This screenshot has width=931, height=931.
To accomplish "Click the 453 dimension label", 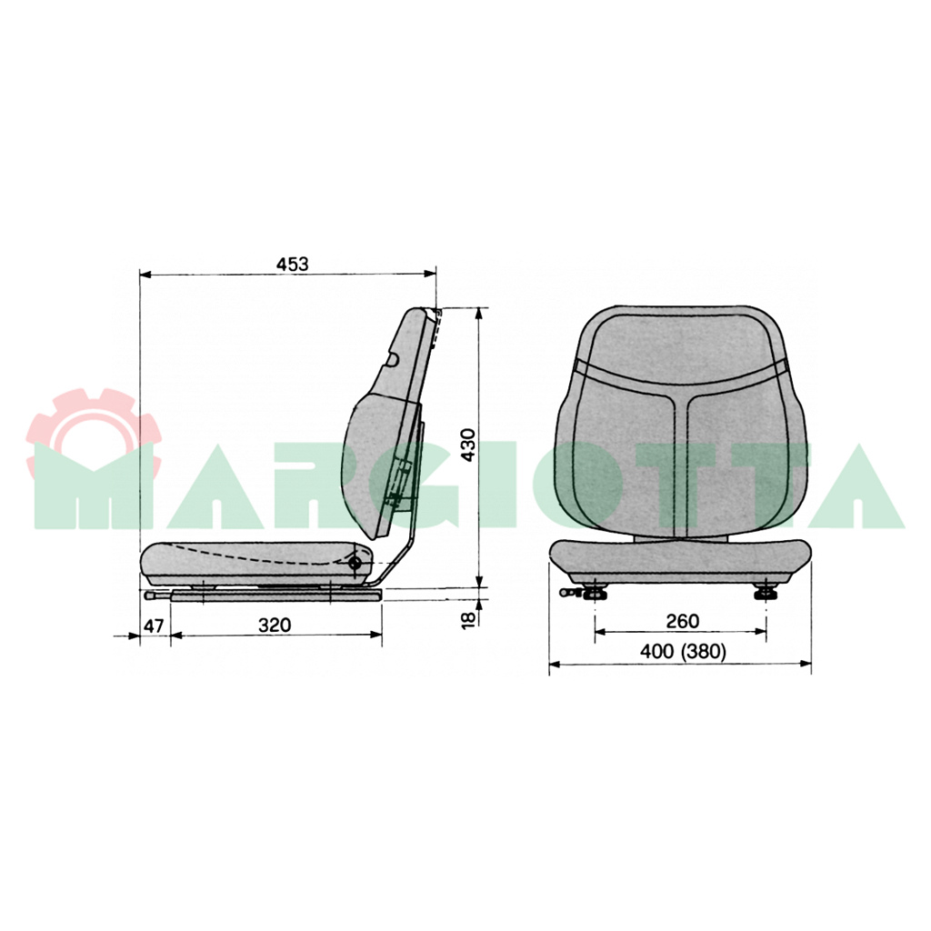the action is tap(293, 264).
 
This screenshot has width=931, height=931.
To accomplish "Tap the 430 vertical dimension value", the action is tap(468, 445).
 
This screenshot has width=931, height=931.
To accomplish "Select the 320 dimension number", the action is tap(275, 625).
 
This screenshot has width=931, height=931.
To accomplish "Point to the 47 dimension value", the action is tap(154, 626).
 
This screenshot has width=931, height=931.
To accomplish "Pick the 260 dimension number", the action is tap(682, 621).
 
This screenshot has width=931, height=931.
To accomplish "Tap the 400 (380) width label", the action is tap(683, 652).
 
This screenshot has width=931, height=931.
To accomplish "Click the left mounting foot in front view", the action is tap(595, 592).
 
